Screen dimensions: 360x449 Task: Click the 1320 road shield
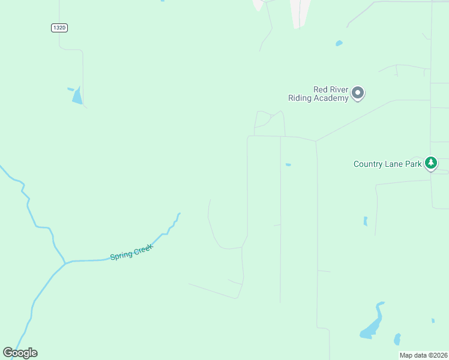[x=59, y=28]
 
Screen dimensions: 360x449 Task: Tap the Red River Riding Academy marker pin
[x=358, y=93]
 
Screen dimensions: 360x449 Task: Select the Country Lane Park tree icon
[x=430, y=163]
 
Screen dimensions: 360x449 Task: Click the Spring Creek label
[x=132, y=251]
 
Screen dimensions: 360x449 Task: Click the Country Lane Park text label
[x=388, y=164]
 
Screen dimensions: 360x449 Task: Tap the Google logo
[x=20, y=353]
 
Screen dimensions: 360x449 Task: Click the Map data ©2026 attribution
[x=423, y=355]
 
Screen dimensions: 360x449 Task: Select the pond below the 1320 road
[x=76, y=96]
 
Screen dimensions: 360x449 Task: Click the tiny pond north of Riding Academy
[x=339, y=43]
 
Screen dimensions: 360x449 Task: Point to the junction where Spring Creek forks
[x=65, y=263]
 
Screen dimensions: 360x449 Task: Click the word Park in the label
[x=413, y=164]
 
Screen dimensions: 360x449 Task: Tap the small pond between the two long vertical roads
[x=289, y=165]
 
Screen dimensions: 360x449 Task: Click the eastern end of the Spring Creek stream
[x=178, y=214]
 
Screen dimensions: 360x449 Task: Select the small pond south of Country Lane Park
[x=365, y=221]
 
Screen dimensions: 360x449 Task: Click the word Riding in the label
[x=299, y=98]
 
